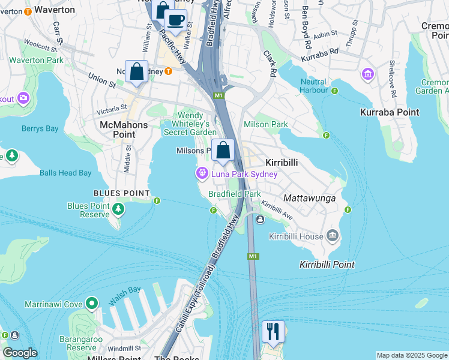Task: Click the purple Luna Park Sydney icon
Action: click(202, 174)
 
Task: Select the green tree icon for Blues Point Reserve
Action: click(119, 209)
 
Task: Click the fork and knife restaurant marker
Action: click(273, 331)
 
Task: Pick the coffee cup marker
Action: click(175, 20)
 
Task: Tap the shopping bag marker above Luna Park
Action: click(223, 151)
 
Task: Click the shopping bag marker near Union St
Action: click(137, 71)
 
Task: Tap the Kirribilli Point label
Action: click(327, 265)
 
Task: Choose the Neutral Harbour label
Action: click(313, 86)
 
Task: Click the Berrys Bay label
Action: click(40, 128)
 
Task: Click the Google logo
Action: click(19, 353)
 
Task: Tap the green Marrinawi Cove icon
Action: click(91, 304)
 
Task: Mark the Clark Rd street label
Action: click(269, 63)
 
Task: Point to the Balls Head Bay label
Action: click(65, 173)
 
